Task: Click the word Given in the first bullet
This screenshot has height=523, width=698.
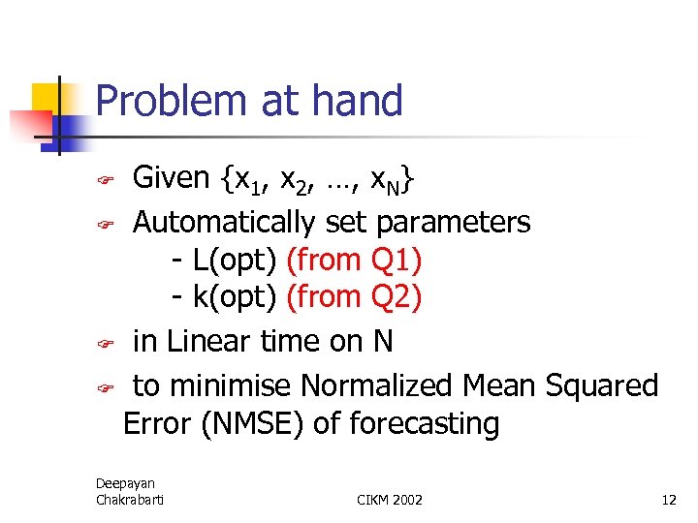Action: [x=172, y=177]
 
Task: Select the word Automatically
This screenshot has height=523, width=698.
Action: [x=223, y=223]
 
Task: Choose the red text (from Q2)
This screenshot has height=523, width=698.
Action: [x=355, y=296]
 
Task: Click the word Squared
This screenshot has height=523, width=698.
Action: [x=602, y=385]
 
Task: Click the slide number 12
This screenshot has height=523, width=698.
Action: [x=668, y=500]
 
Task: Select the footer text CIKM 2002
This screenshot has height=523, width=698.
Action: [x=390, y=500]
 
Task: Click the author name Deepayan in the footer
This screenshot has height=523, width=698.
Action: [x=125, y=482]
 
